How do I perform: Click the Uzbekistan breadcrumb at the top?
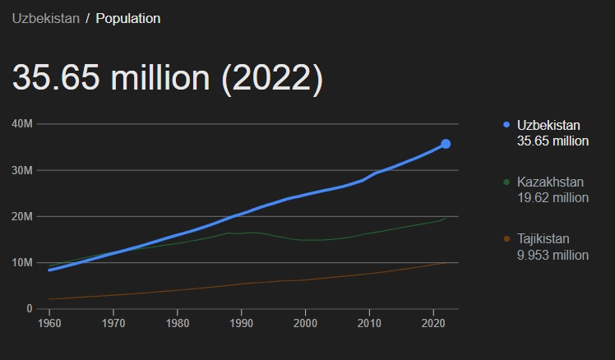(x=45, y=18)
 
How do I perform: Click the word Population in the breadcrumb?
(x=128, y=18)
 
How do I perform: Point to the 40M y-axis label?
(x=22, y=124)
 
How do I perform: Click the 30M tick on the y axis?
(x=22, y=170)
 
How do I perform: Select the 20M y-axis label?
(x=22, y=216)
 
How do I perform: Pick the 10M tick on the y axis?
(x=22, y=263)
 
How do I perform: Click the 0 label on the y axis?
(x=28, y=309)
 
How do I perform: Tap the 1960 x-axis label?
(x=49, y=324)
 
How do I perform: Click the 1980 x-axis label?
(x=177, y=324)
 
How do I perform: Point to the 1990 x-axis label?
(x=241, y=324)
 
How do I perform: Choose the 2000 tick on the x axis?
(x=305, y=324)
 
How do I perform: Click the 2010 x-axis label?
(x=369, y=324)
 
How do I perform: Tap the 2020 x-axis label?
(x=433, y=324)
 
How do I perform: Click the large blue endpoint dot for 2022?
(x=446, y=144)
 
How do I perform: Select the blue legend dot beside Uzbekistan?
(x=506, y=125)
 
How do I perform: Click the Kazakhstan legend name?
(x=550, y=182)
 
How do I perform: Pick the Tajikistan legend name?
(x=543, y=238)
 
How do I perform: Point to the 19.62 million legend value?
(x=553, y=197)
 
